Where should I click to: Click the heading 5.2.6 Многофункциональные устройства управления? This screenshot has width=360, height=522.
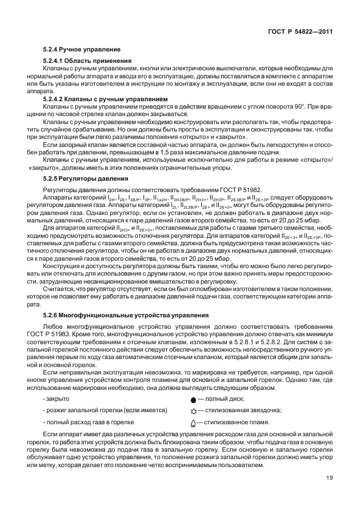point(115,315)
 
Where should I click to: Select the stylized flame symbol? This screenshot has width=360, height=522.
point(193,423)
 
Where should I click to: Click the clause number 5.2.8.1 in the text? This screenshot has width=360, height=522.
point(217,340)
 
